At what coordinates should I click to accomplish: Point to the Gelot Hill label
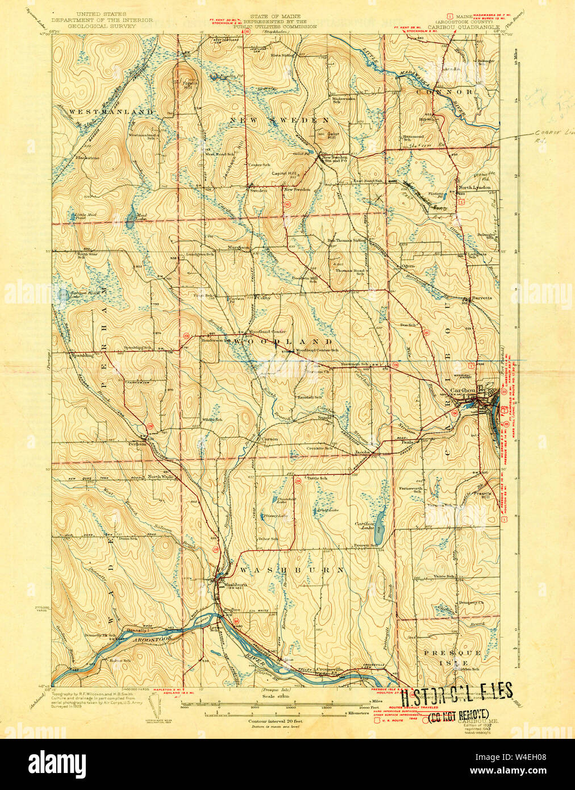click(332, 135)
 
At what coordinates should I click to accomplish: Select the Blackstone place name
click(88, 157)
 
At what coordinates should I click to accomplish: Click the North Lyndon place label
click(474, 188)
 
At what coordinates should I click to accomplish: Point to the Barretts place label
click(481, 298)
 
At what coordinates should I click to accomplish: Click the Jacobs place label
click(363, 452)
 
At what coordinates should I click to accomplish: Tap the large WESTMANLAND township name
click(111, 112)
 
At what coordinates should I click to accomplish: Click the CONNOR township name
click(452, 92)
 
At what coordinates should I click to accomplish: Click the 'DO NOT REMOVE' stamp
click(458, 714)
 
